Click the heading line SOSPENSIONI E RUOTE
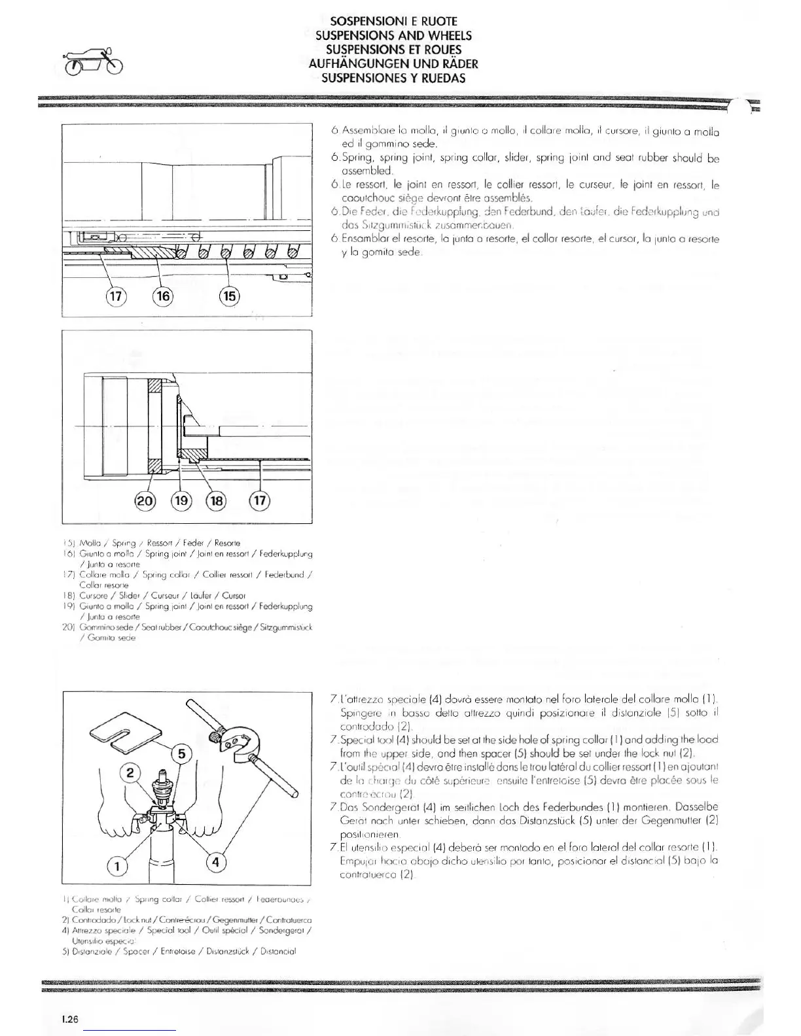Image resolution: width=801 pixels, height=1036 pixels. [393, 22]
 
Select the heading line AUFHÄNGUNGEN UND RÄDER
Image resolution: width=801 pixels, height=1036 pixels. [393, 64]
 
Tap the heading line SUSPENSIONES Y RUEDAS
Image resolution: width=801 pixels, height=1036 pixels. [393, 78]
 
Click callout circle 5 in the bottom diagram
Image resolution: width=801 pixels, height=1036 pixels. [182, 753]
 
